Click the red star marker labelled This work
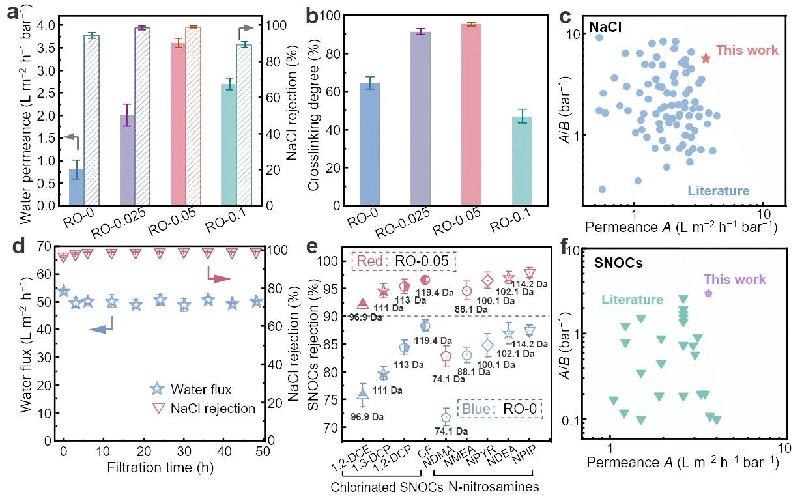pyautogui.click(x=706, y=59)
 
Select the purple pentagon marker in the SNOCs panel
pyautogui.click(x=709, y=293)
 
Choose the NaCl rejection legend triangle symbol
pyautogui.click(x=155, y=409)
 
